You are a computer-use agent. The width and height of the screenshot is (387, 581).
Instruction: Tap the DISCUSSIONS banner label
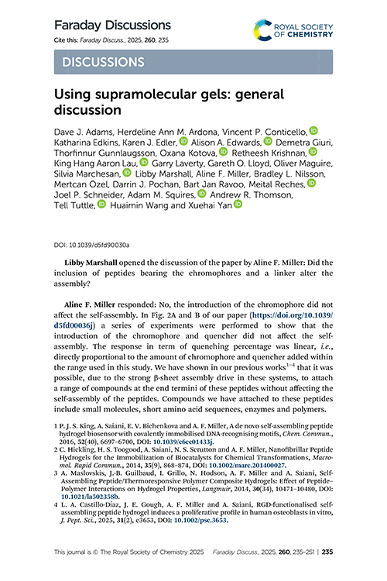tap(101, 62)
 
